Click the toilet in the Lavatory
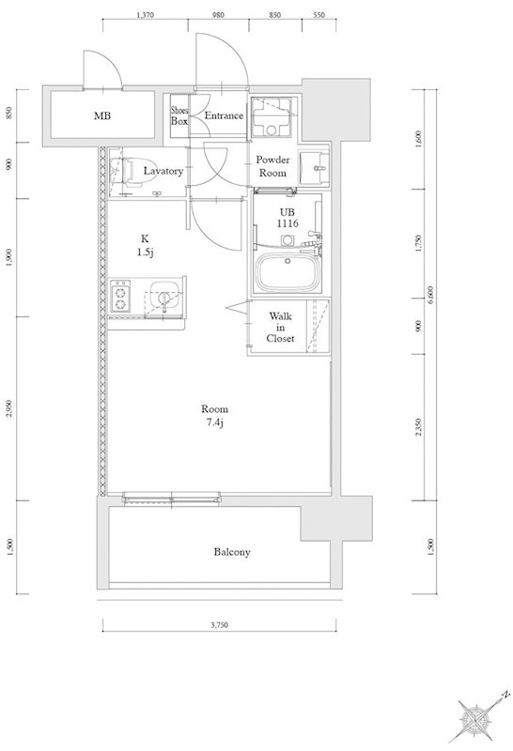point(130,171)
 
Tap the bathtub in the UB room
point(288,272)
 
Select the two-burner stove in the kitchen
point(120,297)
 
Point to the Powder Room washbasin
point(314,168)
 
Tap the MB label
point(102,115)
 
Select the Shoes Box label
point(179,116)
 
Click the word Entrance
point(224,115)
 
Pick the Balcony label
point(232,552)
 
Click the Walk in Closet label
point(281,327)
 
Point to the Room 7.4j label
point(214,415)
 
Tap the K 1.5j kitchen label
point(145,245)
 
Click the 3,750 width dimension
point(219,624)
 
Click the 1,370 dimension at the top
point(145,15)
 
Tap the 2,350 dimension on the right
point(418,427)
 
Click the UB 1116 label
point(288,218)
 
